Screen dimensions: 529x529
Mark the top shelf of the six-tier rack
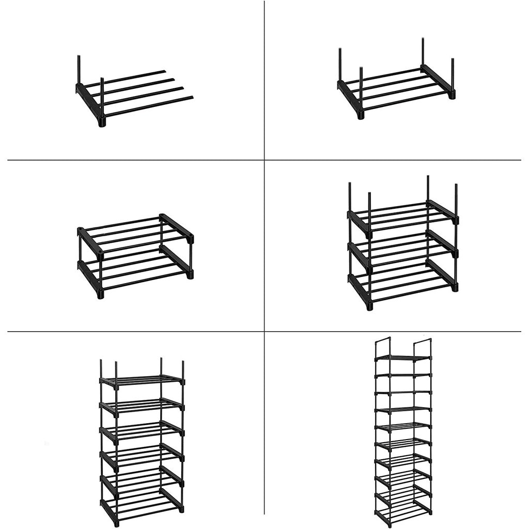142,381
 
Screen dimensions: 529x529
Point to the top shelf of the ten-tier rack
403,357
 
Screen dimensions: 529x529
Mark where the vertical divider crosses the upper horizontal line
264,160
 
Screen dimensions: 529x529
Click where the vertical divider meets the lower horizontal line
264,331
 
